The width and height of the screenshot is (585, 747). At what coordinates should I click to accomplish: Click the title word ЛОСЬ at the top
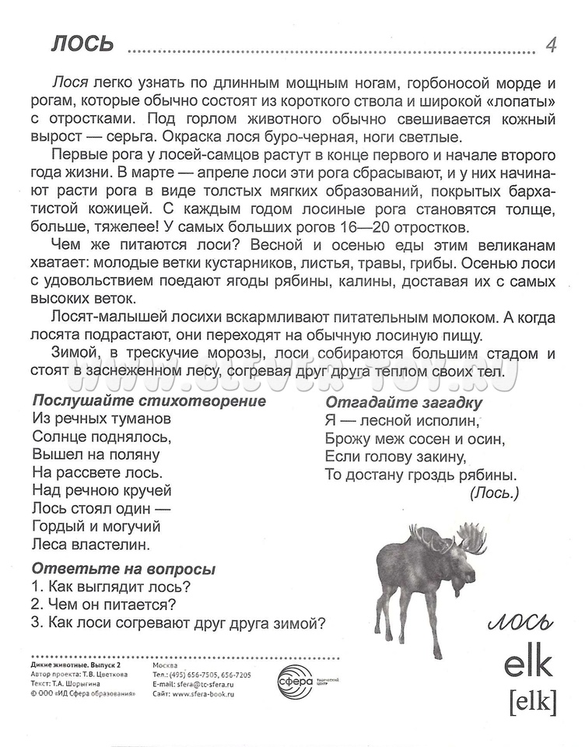coord(82,44)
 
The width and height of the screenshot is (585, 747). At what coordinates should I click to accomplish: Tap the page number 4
coord(551,44)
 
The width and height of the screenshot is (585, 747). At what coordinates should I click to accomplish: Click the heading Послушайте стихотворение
coord(149,402)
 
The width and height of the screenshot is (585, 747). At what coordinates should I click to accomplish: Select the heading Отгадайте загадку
coord(404,402)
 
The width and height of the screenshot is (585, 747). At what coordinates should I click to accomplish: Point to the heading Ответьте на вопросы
coord(124,569)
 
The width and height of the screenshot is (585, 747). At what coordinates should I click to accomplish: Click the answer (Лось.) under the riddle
coord(494,492)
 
